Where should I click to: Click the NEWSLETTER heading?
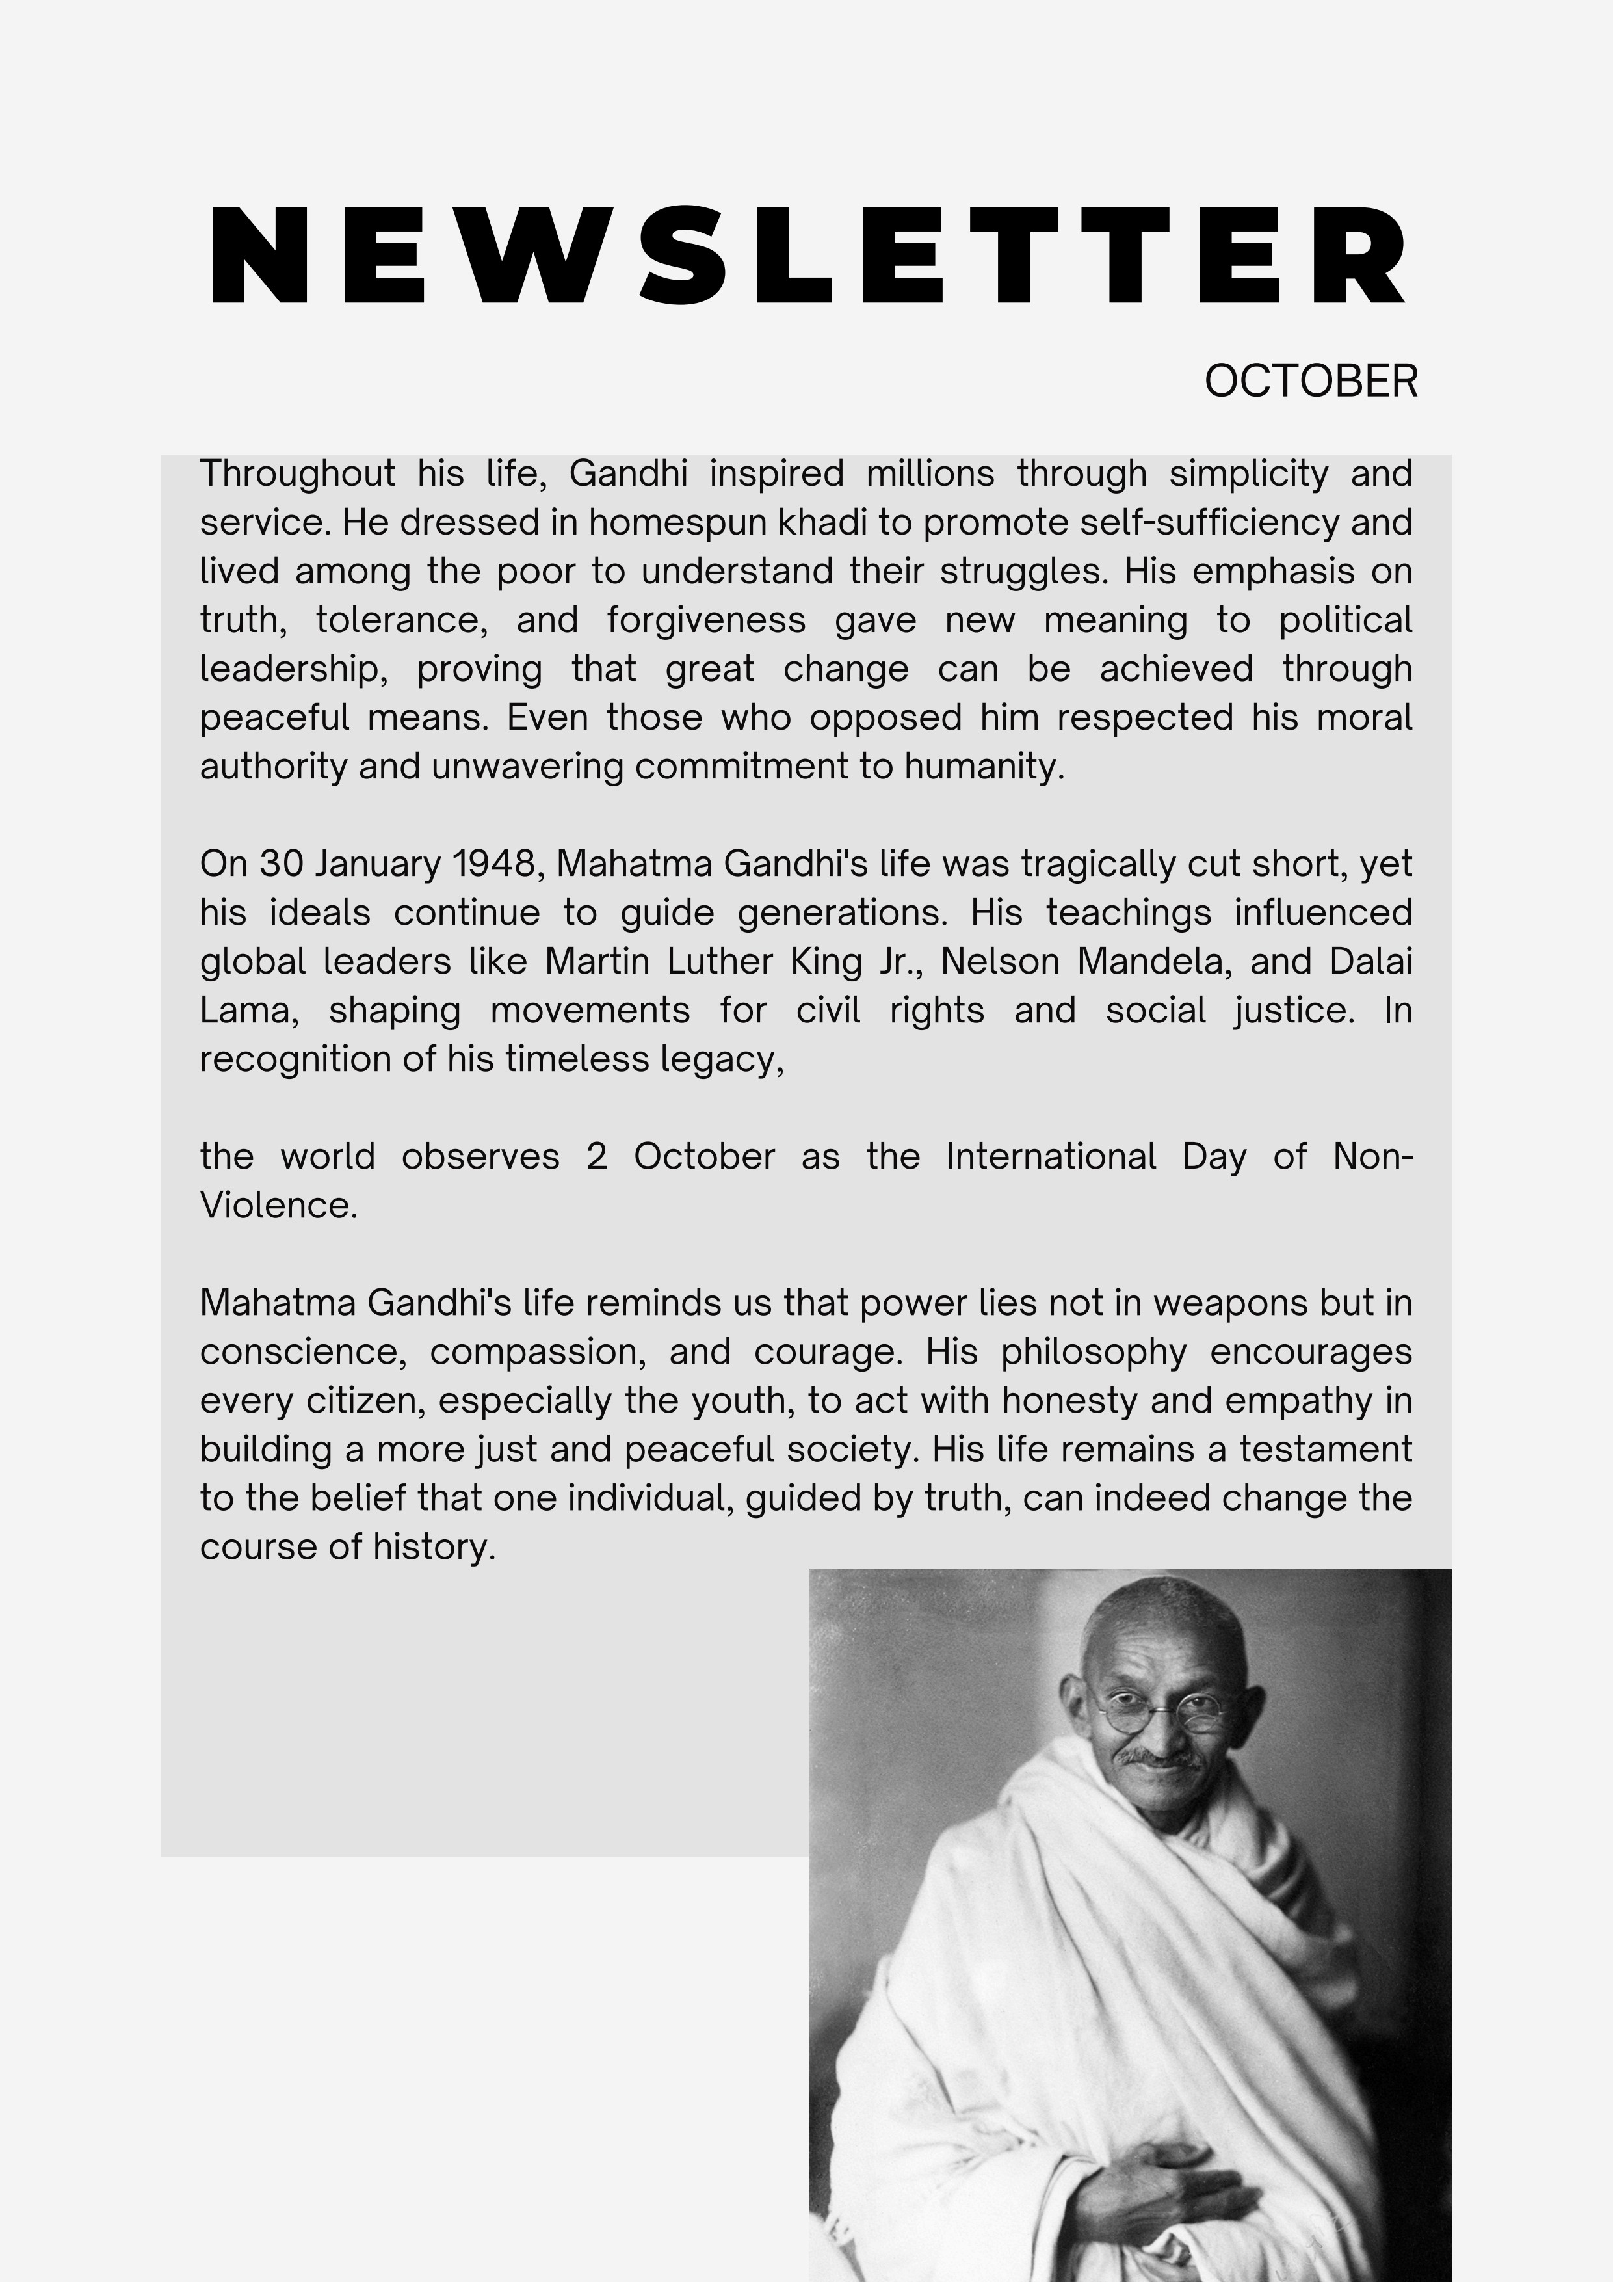coord(807,256)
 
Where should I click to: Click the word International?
coord(1051,1157)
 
